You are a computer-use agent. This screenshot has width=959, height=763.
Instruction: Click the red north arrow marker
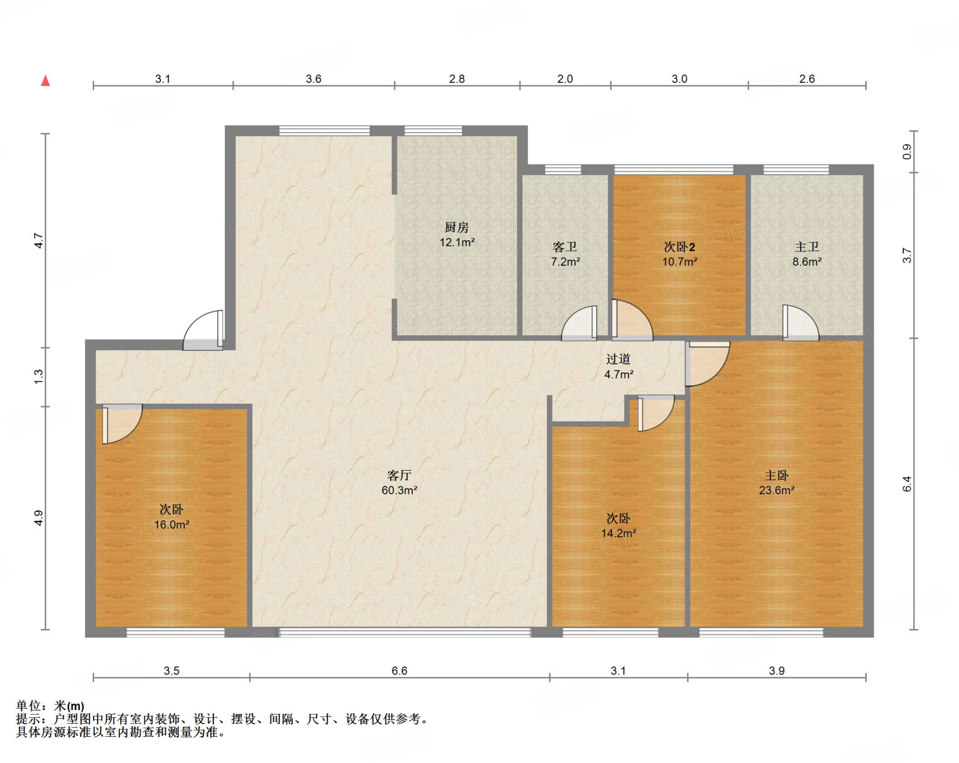(x=45, y=81)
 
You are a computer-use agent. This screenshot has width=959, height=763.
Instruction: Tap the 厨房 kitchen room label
(x=457, y=227)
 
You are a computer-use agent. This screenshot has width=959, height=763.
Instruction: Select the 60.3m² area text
(x=399, y=490)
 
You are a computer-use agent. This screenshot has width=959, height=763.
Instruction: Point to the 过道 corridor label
(x=618, y=359)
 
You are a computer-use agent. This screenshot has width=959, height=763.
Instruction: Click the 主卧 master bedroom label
(x=776, y=475)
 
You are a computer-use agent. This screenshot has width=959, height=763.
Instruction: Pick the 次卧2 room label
(x=679, y=247)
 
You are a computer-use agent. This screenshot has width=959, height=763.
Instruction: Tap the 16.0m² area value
(x=172, y=525)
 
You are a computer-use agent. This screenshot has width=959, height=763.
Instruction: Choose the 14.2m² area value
(x=619, y=533)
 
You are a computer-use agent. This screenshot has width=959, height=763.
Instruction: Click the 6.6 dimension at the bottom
(x=399, y=671)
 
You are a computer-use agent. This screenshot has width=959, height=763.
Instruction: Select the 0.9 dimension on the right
(x=907, y=152)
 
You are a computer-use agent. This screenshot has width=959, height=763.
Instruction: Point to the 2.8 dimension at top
(x=457, y=79)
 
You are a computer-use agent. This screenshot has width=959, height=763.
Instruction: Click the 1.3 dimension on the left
(x=38, y=377)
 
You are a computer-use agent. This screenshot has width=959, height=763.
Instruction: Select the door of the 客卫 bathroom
(x=579, y=323)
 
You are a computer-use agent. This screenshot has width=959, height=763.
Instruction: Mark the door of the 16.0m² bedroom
(x=122, y=423)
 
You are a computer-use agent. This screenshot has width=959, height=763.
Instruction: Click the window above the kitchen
(x=433, y=131)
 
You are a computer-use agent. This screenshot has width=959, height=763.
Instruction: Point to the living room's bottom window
(x=405, y=633)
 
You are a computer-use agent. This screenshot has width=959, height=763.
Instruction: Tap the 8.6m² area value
(x=807, y=262)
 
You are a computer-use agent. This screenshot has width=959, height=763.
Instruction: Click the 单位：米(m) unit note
(x=50, y=705)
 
